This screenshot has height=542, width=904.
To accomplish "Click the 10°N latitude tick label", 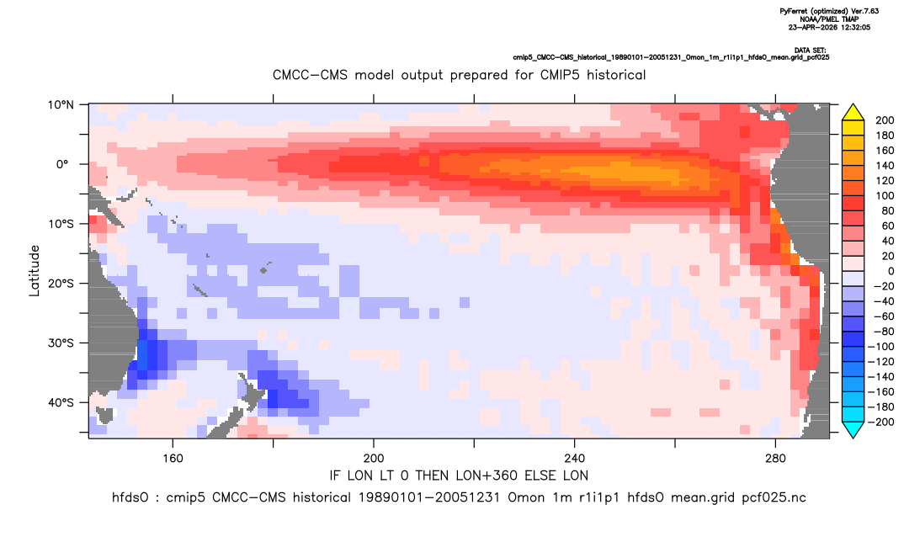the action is point(61,105).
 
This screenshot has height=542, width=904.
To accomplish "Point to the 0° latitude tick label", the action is point(62,164).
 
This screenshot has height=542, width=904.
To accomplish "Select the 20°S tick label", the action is point(61,284).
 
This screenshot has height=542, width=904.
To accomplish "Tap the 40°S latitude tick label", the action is point(61,402).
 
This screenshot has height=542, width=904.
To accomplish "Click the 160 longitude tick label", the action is point(173,459).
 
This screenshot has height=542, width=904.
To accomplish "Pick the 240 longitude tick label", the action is point(575,459).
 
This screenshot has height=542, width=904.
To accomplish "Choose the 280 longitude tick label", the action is point(775,459).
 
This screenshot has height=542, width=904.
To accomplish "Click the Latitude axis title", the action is point(35,271).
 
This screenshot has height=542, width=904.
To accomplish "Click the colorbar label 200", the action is point(885,120).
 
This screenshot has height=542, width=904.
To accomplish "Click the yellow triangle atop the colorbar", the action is point(853,113).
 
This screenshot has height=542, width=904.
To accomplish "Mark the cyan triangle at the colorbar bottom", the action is point(853,429).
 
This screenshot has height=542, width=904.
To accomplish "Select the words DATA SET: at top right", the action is point(810,50).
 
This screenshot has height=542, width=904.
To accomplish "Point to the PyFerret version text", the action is point(829,11).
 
